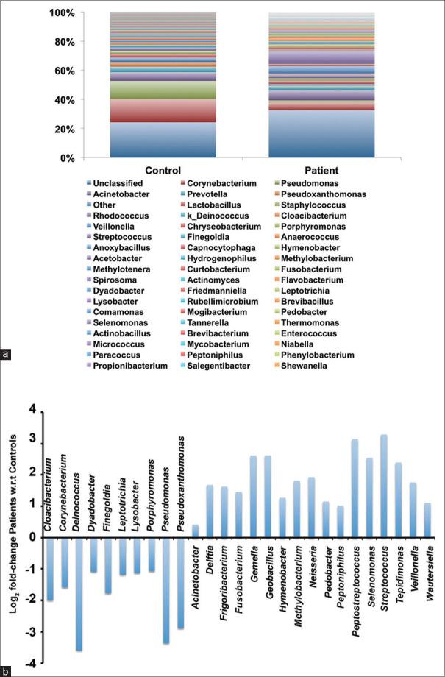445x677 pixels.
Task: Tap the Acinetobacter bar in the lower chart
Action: [195, 531]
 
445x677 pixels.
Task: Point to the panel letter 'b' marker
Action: [7, 670]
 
